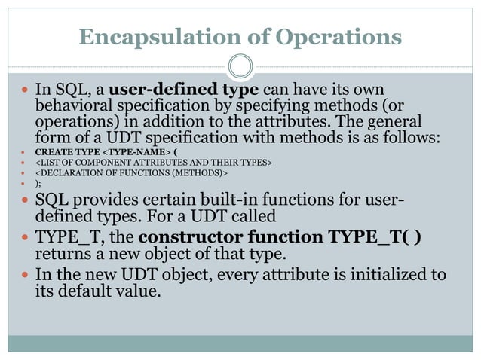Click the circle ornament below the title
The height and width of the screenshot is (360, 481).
click(240, 66)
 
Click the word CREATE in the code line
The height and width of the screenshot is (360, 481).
click(52, 149)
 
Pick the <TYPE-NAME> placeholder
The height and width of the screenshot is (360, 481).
click(136, 149)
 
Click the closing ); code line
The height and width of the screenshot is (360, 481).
click(39, 185)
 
